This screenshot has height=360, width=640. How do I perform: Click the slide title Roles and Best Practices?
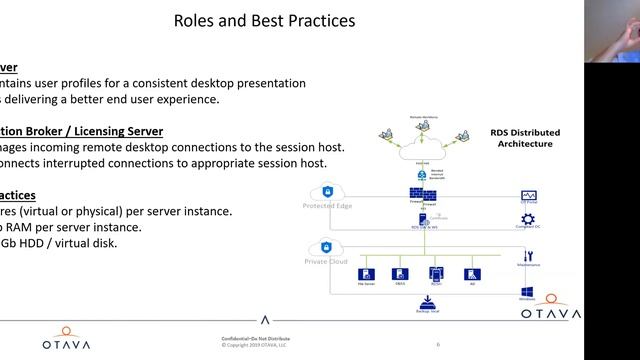tap(264, 20)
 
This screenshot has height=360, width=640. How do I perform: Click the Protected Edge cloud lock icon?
tap(328, 192)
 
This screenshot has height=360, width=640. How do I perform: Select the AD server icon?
tap(471, 273)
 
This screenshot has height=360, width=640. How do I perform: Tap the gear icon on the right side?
tap(529, 217)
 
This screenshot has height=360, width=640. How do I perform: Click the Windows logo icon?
tap(527, 293)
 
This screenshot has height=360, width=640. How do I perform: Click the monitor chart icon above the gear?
tap(529, 195)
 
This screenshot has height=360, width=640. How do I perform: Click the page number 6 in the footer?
tap(437, 343)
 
